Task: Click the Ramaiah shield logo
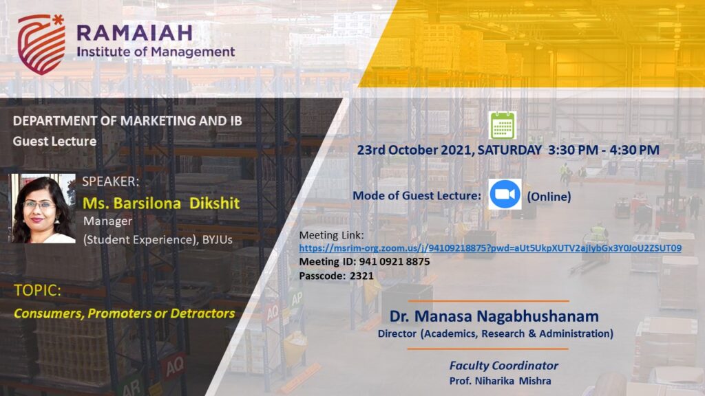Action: tap(41, 44)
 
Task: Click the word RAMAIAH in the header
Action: tap(134, 33)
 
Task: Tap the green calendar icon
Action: tap(503, 125)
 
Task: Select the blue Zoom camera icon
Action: tap(505, 194)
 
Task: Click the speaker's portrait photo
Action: tap(43, 208)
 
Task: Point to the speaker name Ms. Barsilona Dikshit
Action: tap(161, 203)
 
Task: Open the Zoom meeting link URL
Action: tap(490, 247)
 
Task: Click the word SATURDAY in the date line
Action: tap(509, 150)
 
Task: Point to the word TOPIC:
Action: tap(37, 291)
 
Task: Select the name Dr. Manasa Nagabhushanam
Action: tap(494, 316)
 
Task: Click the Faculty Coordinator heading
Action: tap(503, 366)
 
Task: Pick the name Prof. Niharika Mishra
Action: tap(500, 381)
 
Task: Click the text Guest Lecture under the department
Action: tap(54, 141)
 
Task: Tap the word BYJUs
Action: tap(217, 239)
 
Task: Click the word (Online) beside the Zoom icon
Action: tap(549, 196)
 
